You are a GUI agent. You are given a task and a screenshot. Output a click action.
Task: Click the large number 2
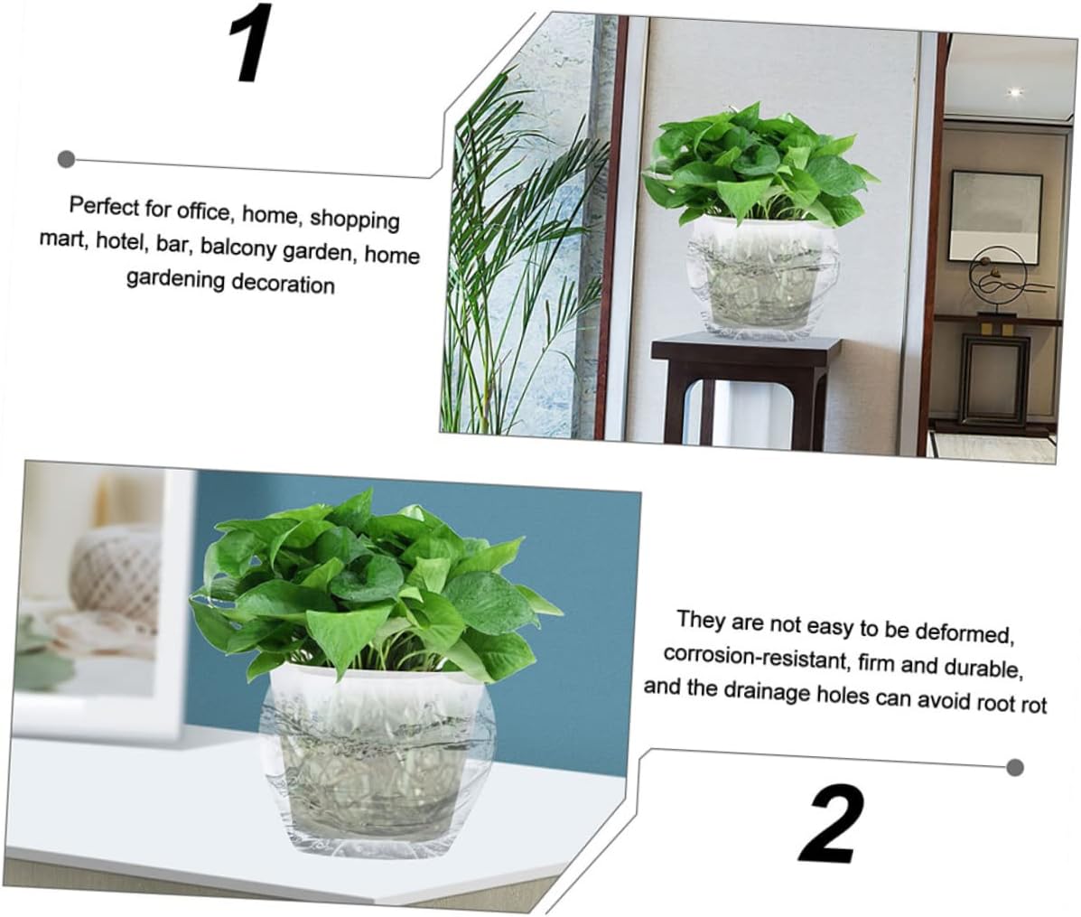(x=831, y=824)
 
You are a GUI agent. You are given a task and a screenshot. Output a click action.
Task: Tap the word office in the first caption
(x=201, y=211)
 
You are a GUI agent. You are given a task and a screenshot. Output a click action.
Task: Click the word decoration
(x=282, y=283)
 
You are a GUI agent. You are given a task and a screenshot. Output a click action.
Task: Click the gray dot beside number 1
(x=66, y=159)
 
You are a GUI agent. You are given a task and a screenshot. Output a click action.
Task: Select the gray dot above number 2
(x=1015, y=767)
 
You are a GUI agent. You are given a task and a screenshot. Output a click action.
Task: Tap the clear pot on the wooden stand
(x=753, y=277)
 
